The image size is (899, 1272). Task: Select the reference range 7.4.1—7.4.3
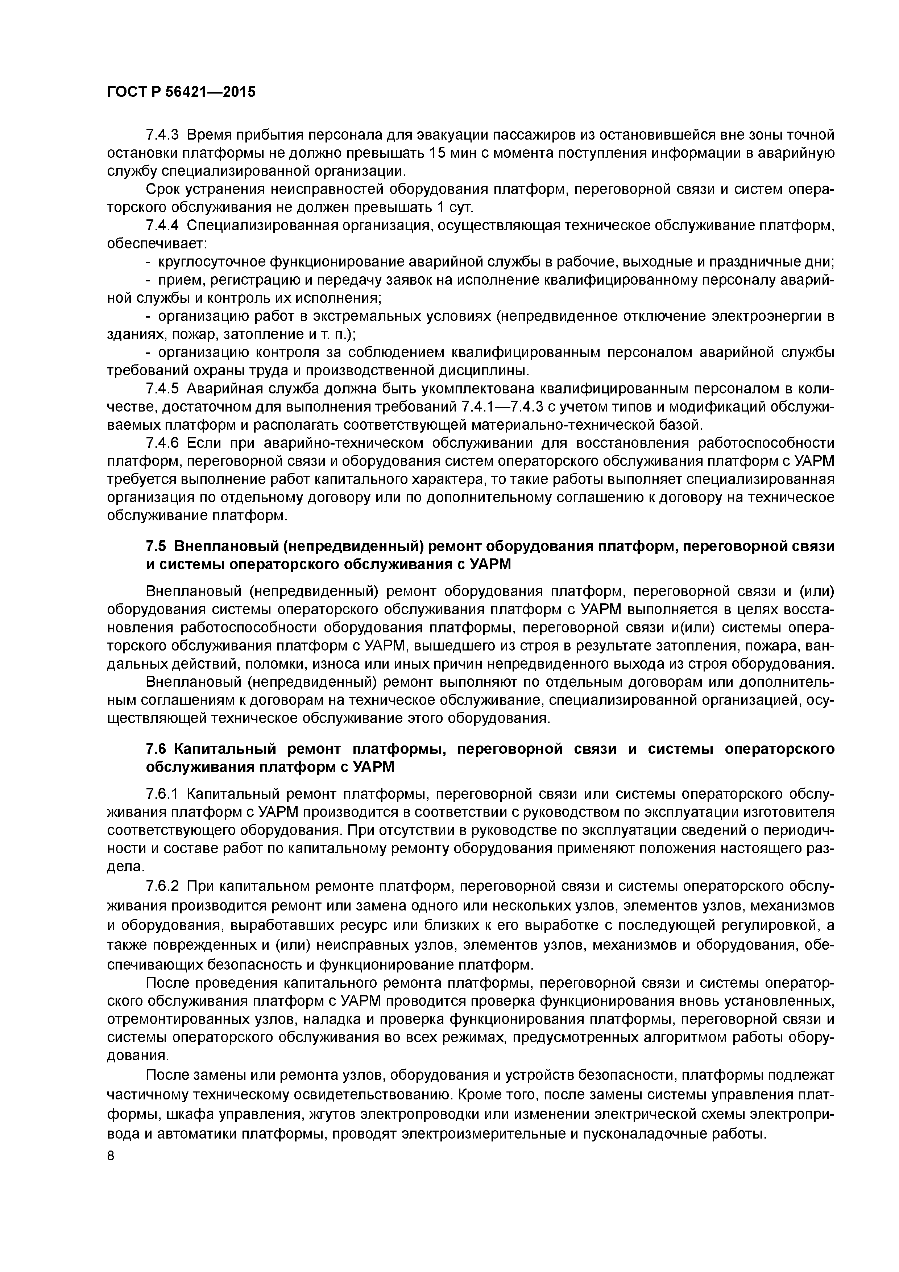click(502, 406)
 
